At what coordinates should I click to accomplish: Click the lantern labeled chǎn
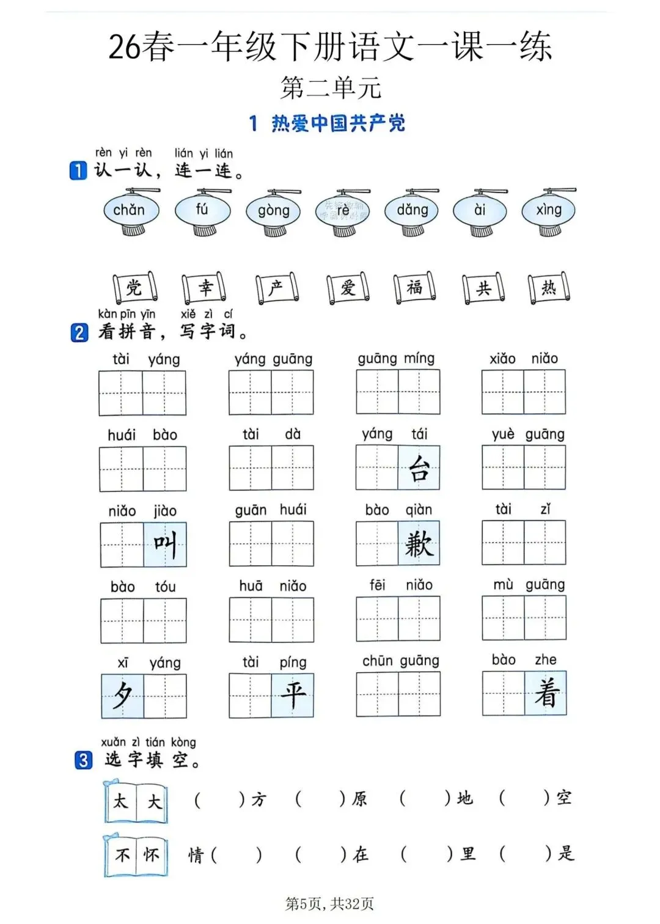130,211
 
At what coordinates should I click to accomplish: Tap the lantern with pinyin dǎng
413,211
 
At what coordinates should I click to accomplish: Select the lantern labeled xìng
549,211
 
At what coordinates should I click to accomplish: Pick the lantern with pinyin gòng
273,211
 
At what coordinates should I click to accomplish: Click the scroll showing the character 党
134,287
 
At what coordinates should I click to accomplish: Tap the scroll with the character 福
414,287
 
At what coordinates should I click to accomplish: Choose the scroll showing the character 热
549,287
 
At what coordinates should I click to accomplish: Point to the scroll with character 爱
348,287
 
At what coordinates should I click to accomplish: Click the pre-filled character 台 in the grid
419,469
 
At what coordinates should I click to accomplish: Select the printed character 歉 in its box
419,544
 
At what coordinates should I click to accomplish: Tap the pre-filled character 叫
165,544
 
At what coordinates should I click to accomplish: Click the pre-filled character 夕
123,695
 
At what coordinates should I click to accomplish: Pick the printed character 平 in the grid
293,695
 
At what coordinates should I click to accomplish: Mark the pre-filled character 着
546,694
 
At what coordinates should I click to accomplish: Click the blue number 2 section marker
79,332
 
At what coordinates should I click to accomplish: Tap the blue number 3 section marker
83,761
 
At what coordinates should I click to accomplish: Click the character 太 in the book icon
121,801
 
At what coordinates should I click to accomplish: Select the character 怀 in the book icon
152,855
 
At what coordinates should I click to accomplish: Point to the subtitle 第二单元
331,88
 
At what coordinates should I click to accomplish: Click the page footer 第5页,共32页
330,904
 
